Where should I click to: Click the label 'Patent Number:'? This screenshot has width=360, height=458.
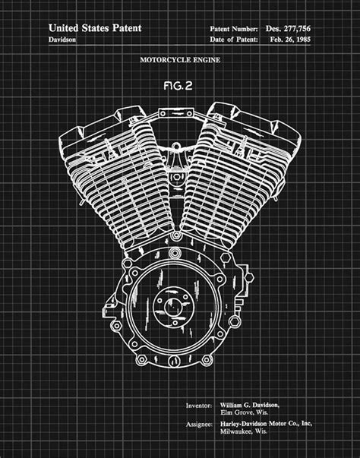(233, 28)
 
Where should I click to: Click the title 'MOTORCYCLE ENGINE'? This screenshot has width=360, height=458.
(180, 59)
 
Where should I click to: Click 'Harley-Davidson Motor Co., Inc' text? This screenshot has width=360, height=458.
(264, 425)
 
